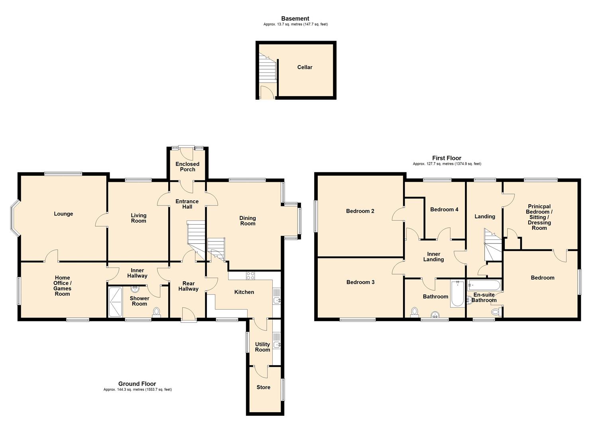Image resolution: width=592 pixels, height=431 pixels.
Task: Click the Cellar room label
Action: coord(305,67)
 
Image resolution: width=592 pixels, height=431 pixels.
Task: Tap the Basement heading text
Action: coord(295,18)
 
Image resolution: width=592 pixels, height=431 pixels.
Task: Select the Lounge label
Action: coord(63,214)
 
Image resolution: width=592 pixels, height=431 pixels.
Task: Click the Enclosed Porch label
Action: coord(187,166)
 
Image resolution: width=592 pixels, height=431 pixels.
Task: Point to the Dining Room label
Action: coord(248,221)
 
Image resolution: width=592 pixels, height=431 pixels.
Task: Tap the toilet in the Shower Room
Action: coord(156,311)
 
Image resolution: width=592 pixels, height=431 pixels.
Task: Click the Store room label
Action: coord(264,387)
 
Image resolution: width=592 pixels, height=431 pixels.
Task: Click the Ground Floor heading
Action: coord(137,384)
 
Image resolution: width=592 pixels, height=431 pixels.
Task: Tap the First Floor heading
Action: coord(446,158)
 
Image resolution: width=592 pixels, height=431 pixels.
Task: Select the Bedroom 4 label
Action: coord(444,210)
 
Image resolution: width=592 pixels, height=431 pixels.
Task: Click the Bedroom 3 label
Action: coord(360,282)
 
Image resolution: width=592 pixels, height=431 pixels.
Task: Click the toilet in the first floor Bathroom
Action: coord(415,311)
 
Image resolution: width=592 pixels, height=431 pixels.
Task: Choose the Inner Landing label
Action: coord(433,257)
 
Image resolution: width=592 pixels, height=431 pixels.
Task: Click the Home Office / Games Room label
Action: coord(62,286)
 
